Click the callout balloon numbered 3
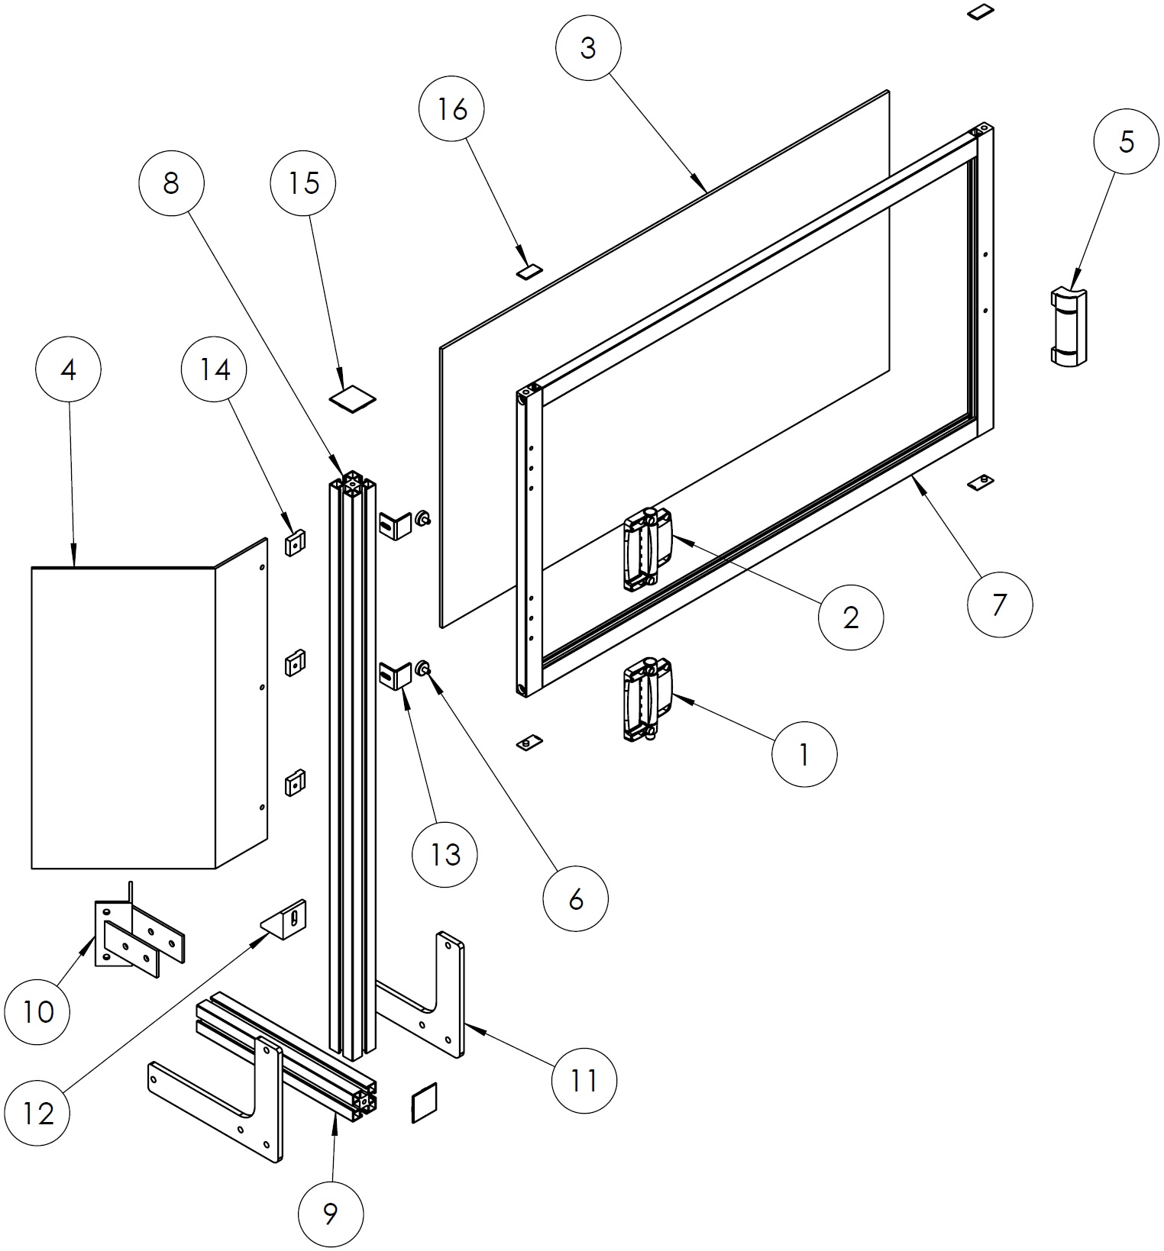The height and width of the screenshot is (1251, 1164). (587, 48)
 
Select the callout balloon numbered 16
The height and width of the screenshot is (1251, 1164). (452, 109)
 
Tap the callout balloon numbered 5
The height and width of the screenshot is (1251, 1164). (1126, 142)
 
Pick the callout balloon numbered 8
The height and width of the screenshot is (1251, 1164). (171, 183)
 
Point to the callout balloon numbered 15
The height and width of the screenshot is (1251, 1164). (303, 183)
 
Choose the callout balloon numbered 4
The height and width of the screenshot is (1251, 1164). (68, 370)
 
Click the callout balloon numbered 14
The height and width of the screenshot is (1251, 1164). (215, 370)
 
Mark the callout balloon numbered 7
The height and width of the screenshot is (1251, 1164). (999, 605)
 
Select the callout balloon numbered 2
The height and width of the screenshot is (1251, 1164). (851, 617)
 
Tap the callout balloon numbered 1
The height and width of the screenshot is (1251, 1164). (804, 755)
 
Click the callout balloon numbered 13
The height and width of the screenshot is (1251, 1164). (445, 854)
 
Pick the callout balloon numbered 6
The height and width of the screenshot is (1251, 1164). (576, 899)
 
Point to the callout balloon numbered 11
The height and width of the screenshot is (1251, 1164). (584, 1080)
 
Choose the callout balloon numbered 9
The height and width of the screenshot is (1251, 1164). (330, 1213)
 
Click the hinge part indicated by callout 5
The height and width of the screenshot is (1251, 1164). (1069, 326)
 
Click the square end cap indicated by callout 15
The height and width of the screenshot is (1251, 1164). (353, 398)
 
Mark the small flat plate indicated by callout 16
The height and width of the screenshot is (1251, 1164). (529, 270)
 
